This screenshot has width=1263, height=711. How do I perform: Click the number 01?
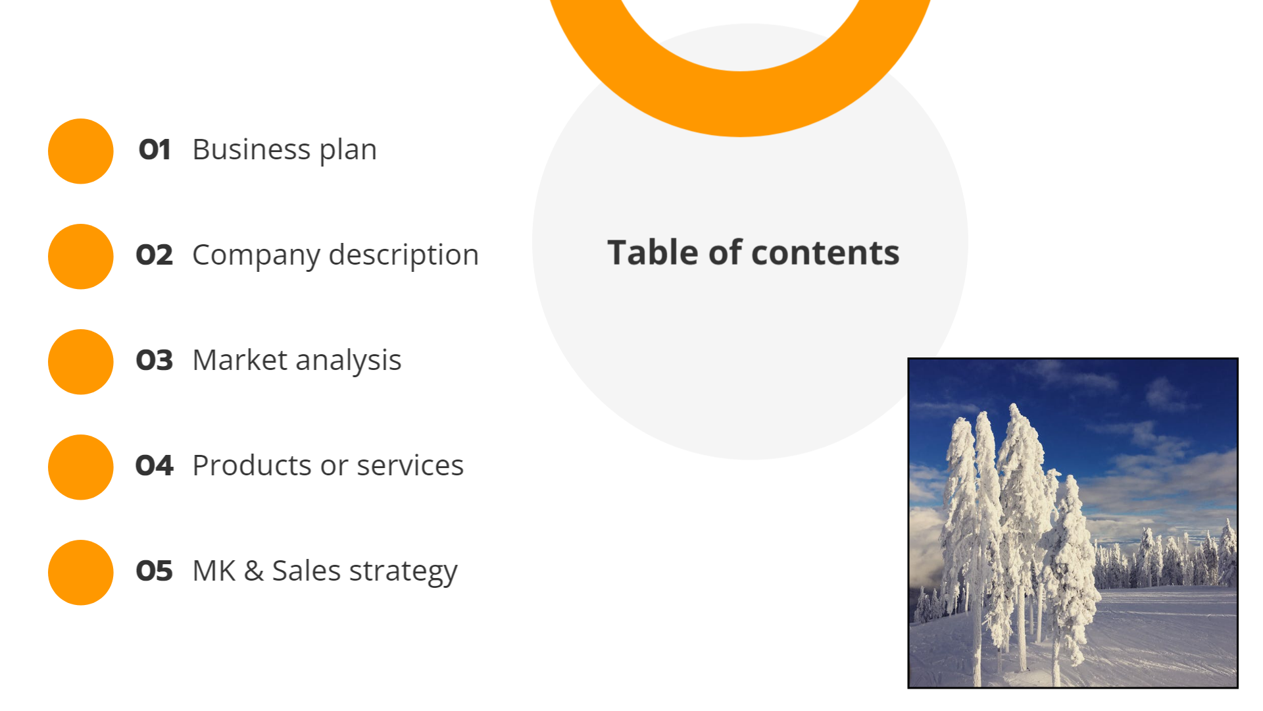[x=155, y=150]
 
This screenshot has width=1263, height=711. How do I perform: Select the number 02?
[x=155, y=255]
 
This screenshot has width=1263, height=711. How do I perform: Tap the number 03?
[x=155, y=361]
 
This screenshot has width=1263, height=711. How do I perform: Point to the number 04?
[x=155, y=466]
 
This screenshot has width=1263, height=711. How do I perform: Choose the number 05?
[x=155, y=571]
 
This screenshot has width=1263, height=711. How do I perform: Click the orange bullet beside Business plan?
[x=81, y=151]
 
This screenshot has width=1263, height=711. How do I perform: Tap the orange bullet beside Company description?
[x=81, y=257]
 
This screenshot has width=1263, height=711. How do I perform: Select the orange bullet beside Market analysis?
[x=81, y=362]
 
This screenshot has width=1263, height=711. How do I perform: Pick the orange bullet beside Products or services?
[x=81, y=467]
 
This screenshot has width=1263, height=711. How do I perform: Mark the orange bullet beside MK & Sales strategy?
[x=81, y=573]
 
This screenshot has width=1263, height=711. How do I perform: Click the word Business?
[x=251, y=150]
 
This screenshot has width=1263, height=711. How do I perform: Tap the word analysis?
[x=348, y=361]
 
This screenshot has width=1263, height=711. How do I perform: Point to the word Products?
[x=251, y=466]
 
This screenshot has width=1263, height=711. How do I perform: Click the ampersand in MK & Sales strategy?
[x=254, y=571]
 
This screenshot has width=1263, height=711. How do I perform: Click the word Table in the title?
[x=653, y=253]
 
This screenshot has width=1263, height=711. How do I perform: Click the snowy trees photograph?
[x=1072, y=523]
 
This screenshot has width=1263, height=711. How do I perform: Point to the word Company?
[x=256, y=255]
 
